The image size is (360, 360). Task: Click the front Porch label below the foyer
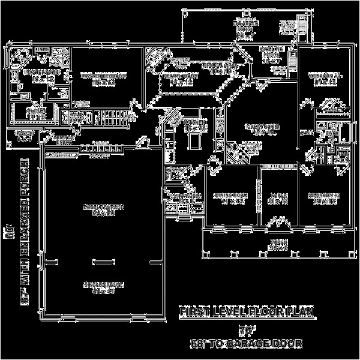click(277, 244)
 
